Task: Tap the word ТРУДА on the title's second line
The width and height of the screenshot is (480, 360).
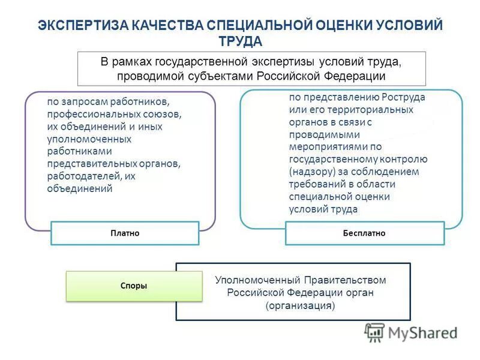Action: pos(240,41)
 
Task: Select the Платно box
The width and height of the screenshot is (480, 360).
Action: pos(125,233)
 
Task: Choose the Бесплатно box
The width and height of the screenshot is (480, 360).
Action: pos(364,233)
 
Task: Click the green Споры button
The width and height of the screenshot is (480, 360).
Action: pos(134,286)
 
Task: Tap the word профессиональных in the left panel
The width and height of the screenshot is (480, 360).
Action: pos(86,113)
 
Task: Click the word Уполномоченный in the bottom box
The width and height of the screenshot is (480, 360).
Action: pos(251,280)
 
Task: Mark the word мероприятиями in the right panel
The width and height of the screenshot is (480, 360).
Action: pos(326,146)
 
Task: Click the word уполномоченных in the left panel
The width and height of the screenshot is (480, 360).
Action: pos(81,139)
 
